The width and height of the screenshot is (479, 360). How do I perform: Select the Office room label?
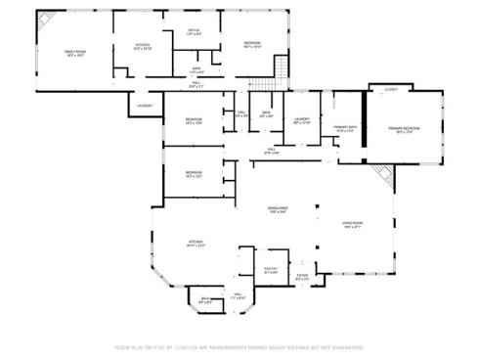click(194, 31)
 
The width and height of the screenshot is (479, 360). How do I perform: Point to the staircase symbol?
click(281, 68)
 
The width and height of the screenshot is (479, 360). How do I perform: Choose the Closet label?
click(391, 89)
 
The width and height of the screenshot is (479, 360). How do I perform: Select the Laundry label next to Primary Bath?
click(302, 120)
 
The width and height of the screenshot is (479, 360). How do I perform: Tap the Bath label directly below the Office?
click(196, 70)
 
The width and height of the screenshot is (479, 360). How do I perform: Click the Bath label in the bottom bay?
click(206, 300)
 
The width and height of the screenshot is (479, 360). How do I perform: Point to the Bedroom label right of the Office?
click(252, 44)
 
